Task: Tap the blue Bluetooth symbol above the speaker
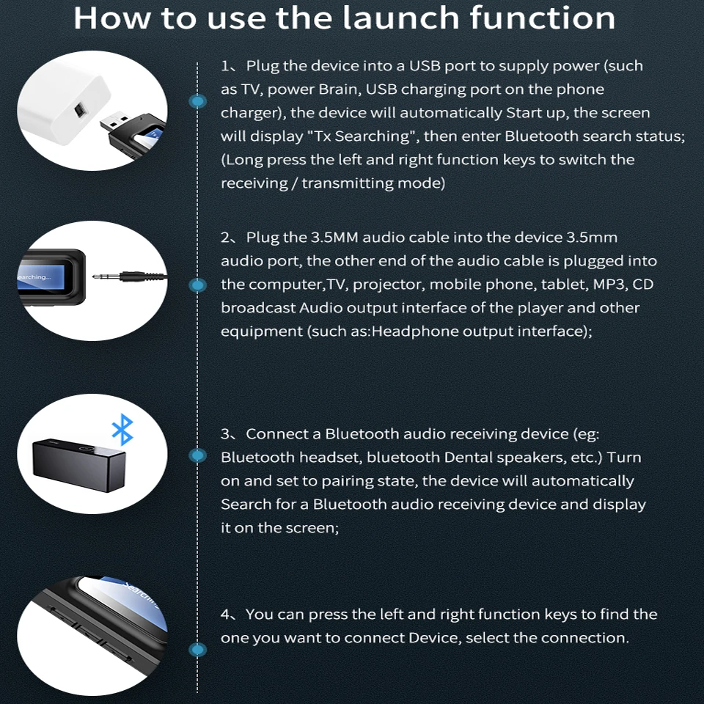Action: pos(122,430)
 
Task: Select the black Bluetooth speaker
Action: pos(79,465)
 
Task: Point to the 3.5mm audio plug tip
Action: pos(95,276)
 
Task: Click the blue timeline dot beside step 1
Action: pos(197,101)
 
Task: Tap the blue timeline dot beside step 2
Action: pos(197,285)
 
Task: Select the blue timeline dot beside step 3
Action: pos(197,455)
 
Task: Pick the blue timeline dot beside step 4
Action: pos(197,650)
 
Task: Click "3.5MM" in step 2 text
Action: pos(334,237)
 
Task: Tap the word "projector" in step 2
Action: pos(389,285)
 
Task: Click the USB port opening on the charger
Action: pos(80,110)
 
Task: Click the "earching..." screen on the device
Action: pos(40,277)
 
